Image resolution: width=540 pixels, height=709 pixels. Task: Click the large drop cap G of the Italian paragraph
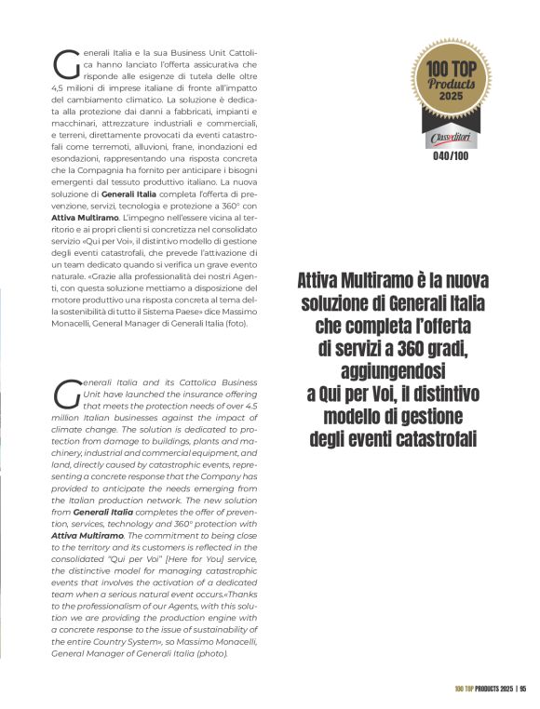[66, 63]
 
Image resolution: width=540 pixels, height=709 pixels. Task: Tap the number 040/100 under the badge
[450, 156]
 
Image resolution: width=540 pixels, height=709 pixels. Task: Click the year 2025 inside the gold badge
[451, 96]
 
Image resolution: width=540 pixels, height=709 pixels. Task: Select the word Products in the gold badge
[451, 82]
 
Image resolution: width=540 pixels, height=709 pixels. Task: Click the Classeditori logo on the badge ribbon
[451, 138]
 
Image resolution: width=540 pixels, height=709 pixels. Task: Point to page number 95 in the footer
[523, 689]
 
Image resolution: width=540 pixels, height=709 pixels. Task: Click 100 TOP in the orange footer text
[466, 689]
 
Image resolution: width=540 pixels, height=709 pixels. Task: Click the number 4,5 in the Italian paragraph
[56, 86]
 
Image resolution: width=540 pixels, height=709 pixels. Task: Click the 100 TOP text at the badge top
[451, 67]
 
